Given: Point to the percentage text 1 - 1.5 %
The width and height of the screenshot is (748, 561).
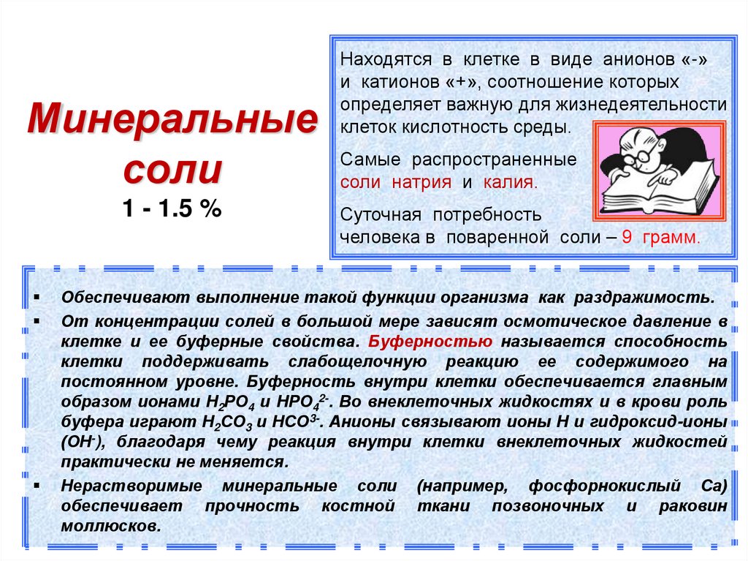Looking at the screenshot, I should tap(172, 210).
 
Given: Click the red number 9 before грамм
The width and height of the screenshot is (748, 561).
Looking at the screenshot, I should tap(628, 238).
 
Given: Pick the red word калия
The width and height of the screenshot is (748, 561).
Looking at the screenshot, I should tap(509, 182).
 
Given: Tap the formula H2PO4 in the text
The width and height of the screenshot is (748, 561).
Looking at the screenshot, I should tap(225, 402).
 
